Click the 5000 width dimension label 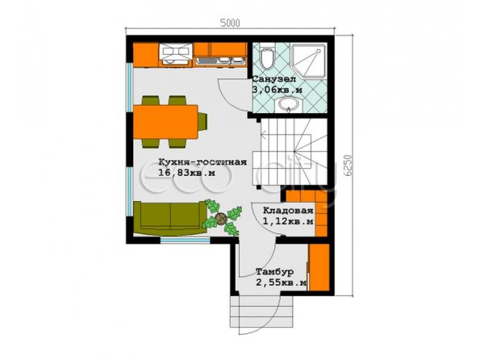coord(230,23)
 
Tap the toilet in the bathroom coord(267,56)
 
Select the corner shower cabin coord(308,60)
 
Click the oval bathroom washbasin coord(288,104)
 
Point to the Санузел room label coord(274,79)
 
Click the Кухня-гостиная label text coord(202,161)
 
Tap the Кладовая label coord(288,211)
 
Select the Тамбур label coord(275,272)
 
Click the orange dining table coord(165,122)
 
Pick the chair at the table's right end coord(202,122)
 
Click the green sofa coord(170,218)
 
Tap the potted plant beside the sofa coord(222,218)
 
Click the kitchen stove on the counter coord(175,54)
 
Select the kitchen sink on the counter coord(219,61)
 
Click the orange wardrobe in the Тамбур coord(319,267)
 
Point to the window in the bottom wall coord(186,241)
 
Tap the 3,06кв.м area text coord(277,90)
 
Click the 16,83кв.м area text coord(186,173)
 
